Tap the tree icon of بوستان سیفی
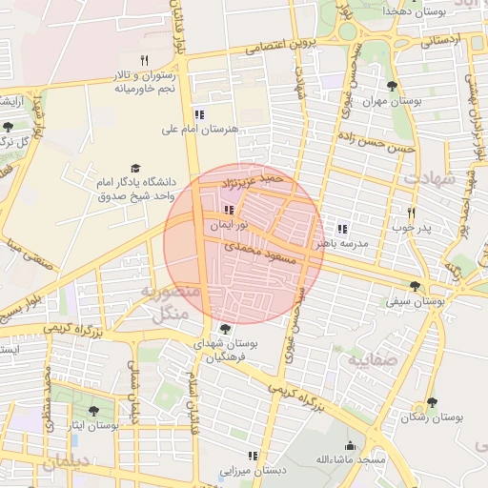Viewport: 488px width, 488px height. pos(415,285)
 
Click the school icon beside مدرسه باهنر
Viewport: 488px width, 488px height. pos(342,229)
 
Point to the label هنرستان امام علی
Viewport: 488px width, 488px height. pos(199,128)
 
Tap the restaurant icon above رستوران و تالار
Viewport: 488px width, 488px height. pos(143,60)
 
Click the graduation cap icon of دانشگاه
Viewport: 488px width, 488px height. pos(134,168)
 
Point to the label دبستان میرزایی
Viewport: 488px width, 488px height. pos(253,471)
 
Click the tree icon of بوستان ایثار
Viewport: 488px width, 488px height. pos(92,411)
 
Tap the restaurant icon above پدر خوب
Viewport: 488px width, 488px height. pos(412,213)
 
